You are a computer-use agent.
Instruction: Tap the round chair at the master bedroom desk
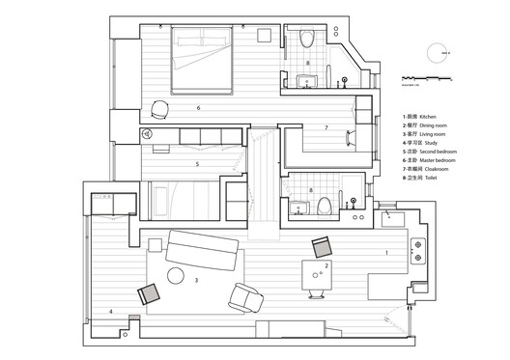point(159,108)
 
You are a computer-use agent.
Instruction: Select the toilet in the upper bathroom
point(307,40)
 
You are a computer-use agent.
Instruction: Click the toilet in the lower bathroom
point(326,205)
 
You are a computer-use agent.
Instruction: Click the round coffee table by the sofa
point(176,278)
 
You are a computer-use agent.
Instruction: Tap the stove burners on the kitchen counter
point(418,252)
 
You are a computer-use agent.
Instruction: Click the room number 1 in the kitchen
point(387,252)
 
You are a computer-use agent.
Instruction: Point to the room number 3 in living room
point(196,281)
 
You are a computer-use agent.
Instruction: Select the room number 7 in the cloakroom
point(326,127)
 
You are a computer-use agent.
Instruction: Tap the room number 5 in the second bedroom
point(196,164)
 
